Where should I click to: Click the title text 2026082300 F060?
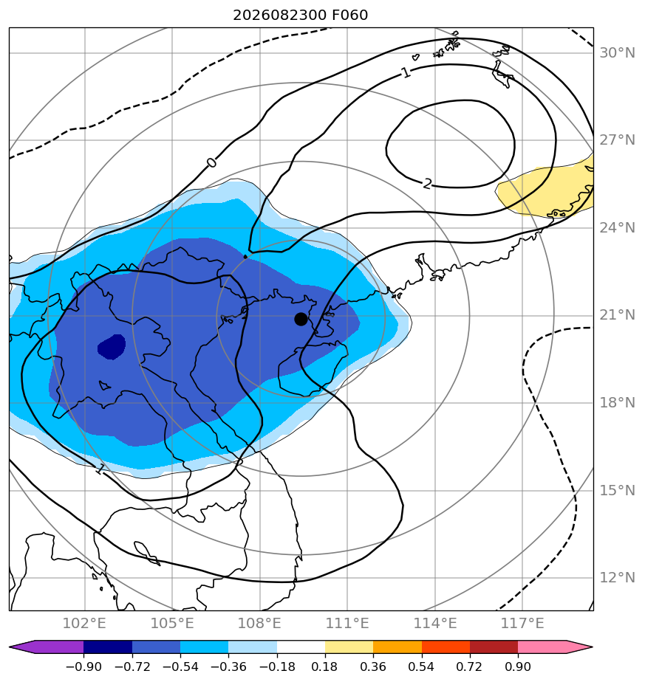[x=301, y=15]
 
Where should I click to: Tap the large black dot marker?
[x=301, y=319]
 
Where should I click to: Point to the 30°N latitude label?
[x=617, y=52]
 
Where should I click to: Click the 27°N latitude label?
[x=617, y=140]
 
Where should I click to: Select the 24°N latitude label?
[x=617, y=228]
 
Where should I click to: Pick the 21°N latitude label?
[x=617, y=315]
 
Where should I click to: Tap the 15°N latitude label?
[x=617, y=491]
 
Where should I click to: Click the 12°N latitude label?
[x=617, y=578]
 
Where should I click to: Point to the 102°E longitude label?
[x=84, y=623]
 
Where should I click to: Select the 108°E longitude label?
[x=259, y=623]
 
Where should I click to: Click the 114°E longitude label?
[x=435, y=623]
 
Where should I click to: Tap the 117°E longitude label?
[x=522, y=623]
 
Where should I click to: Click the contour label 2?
[x=427, y=184]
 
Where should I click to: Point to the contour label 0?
[x=211, y=162]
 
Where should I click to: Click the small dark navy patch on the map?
[x=112, y=347]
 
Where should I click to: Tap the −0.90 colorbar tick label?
[x=83, y=666]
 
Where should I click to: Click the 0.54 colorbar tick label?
[x=422, y=666]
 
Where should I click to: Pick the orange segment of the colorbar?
[x=397, y=647]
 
